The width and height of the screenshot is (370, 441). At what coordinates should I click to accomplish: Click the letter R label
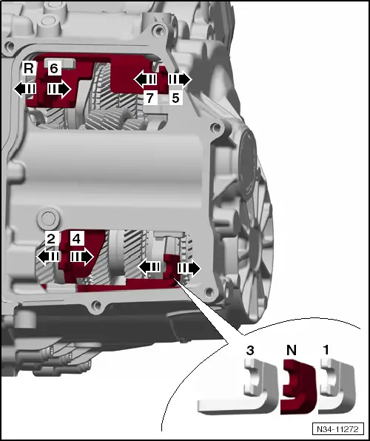(28, 69)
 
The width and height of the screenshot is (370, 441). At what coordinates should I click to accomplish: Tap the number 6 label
(53, 69)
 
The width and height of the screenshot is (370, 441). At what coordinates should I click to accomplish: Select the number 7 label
(149, 98)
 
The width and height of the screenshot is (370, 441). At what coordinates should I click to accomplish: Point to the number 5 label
(176, 98)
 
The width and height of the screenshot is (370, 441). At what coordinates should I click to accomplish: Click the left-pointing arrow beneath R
(27, 89)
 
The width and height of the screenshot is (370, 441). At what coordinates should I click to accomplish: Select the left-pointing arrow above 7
(146, 78)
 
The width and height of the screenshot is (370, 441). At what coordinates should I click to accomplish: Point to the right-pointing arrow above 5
(178, 78)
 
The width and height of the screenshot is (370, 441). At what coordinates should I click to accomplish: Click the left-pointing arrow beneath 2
(50, 256)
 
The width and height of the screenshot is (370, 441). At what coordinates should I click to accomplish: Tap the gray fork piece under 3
(237, 392)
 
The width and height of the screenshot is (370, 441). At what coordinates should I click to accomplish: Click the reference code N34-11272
(337, 428)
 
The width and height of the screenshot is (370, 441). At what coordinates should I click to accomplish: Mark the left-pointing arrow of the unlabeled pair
(150, 266)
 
